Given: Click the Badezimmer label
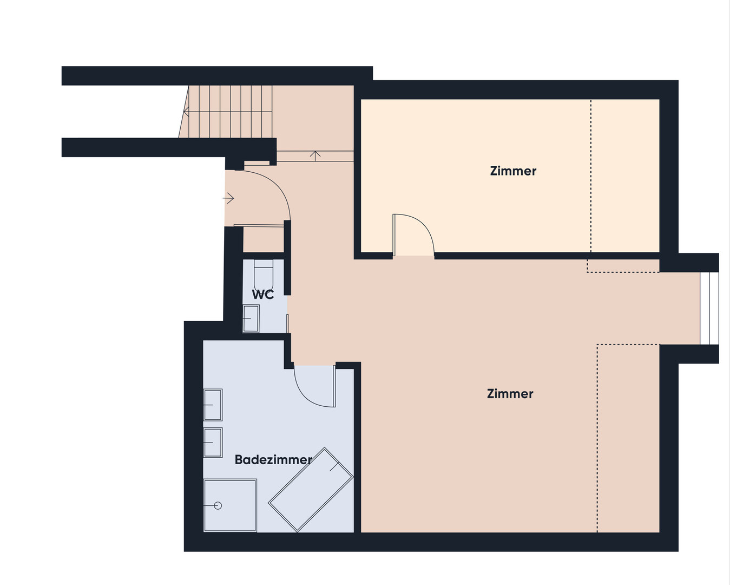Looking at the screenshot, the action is tap(273, 460).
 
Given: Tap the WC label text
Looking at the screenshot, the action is tap(263, 294).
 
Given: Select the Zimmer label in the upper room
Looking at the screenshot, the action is tap(513, 171).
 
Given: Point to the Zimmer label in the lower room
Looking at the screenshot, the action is tap(510, 394).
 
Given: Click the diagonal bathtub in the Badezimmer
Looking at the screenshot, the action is tap(311, 490).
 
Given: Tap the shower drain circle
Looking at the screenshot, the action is tap(218, 506).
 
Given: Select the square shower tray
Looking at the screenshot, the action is tap(230, 505).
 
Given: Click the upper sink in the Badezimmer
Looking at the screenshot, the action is tap(213, 405).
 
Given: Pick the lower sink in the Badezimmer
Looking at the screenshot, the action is tap(213, 443).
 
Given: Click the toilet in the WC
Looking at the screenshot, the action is tap(264, 275).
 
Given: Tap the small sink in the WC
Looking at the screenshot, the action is tap(251, 318).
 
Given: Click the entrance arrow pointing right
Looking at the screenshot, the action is tap(228, 198).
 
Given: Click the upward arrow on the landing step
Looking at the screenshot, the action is tap(315, 156).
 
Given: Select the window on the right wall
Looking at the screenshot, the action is tap(709, 308).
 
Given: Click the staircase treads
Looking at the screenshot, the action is tap(226, 112).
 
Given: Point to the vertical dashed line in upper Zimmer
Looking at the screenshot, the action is tap(590, 176).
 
